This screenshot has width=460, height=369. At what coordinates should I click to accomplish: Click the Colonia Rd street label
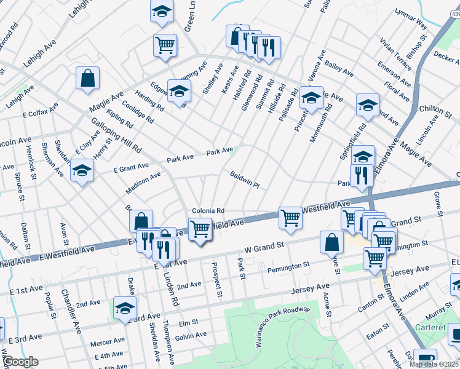coord(208,210)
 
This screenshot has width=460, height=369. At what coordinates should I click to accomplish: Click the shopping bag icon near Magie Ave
coord(88,78)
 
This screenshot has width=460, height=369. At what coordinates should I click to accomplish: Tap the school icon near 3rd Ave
coord(125,308)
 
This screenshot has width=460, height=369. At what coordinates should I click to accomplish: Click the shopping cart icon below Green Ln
coord(165,45)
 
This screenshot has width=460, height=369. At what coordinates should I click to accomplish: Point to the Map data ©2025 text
coord(434,364)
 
